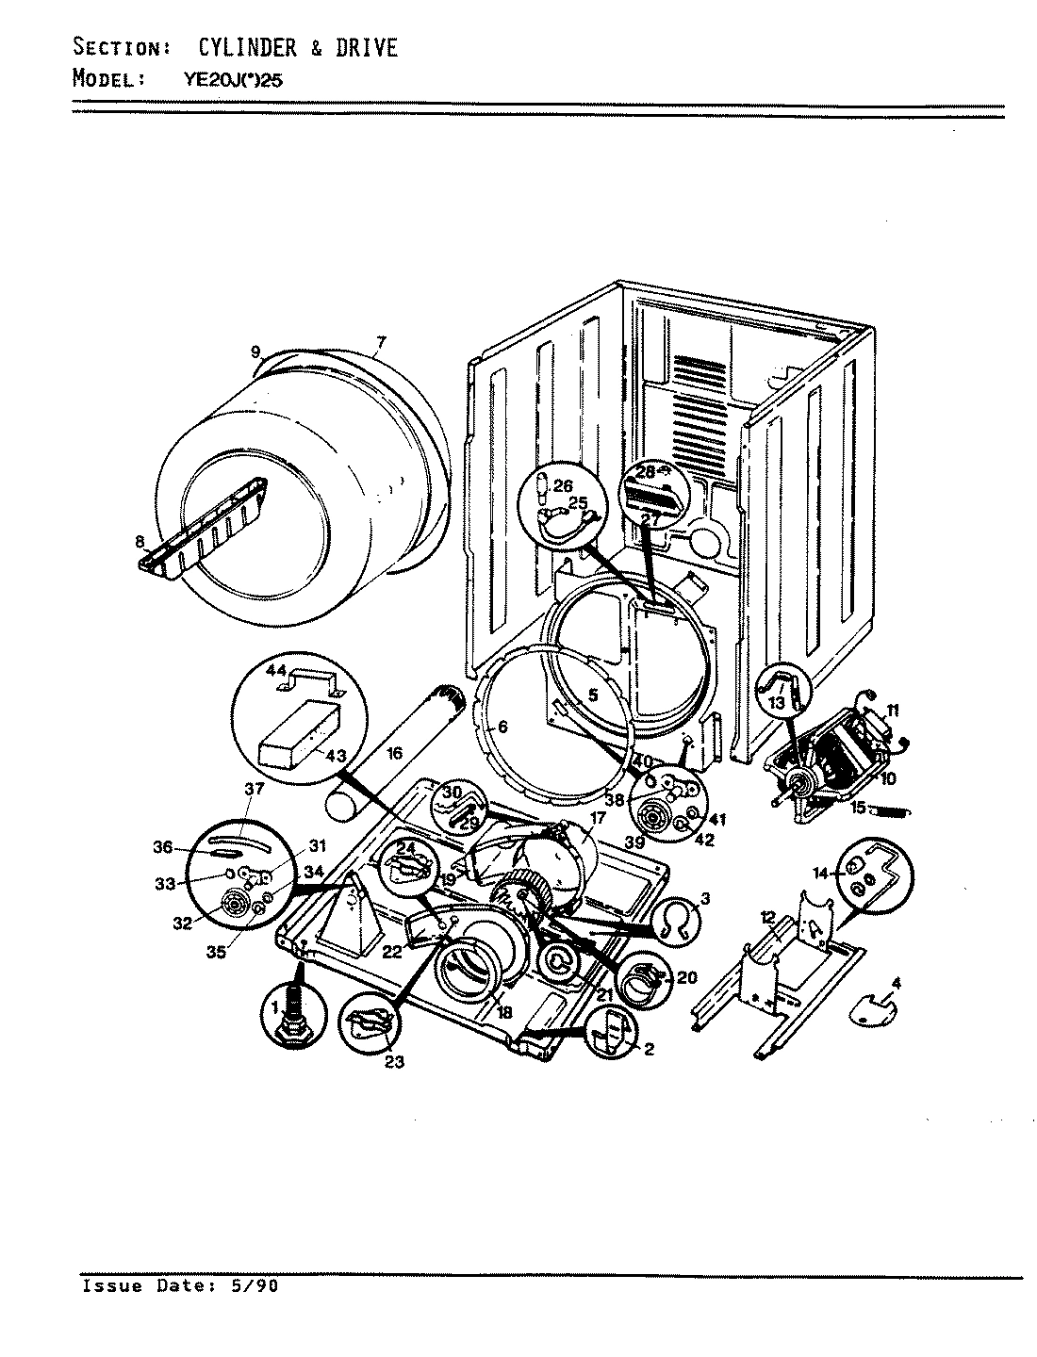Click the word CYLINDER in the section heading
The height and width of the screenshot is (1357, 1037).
point(250,47)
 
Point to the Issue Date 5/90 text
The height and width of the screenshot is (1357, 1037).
point(180,1285)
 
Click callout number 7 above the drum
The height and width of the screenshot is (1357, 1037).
point(380,342)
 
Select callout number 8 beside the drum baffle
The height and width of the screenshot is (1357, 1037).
point(140,542)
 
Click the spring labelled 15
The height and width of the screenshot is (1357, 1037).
point(891,809)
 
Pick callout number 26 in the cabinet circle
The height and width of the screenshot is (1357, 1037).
point(563,485)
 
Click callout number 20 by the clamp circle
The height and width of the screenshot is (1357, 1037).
point(686,978)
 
